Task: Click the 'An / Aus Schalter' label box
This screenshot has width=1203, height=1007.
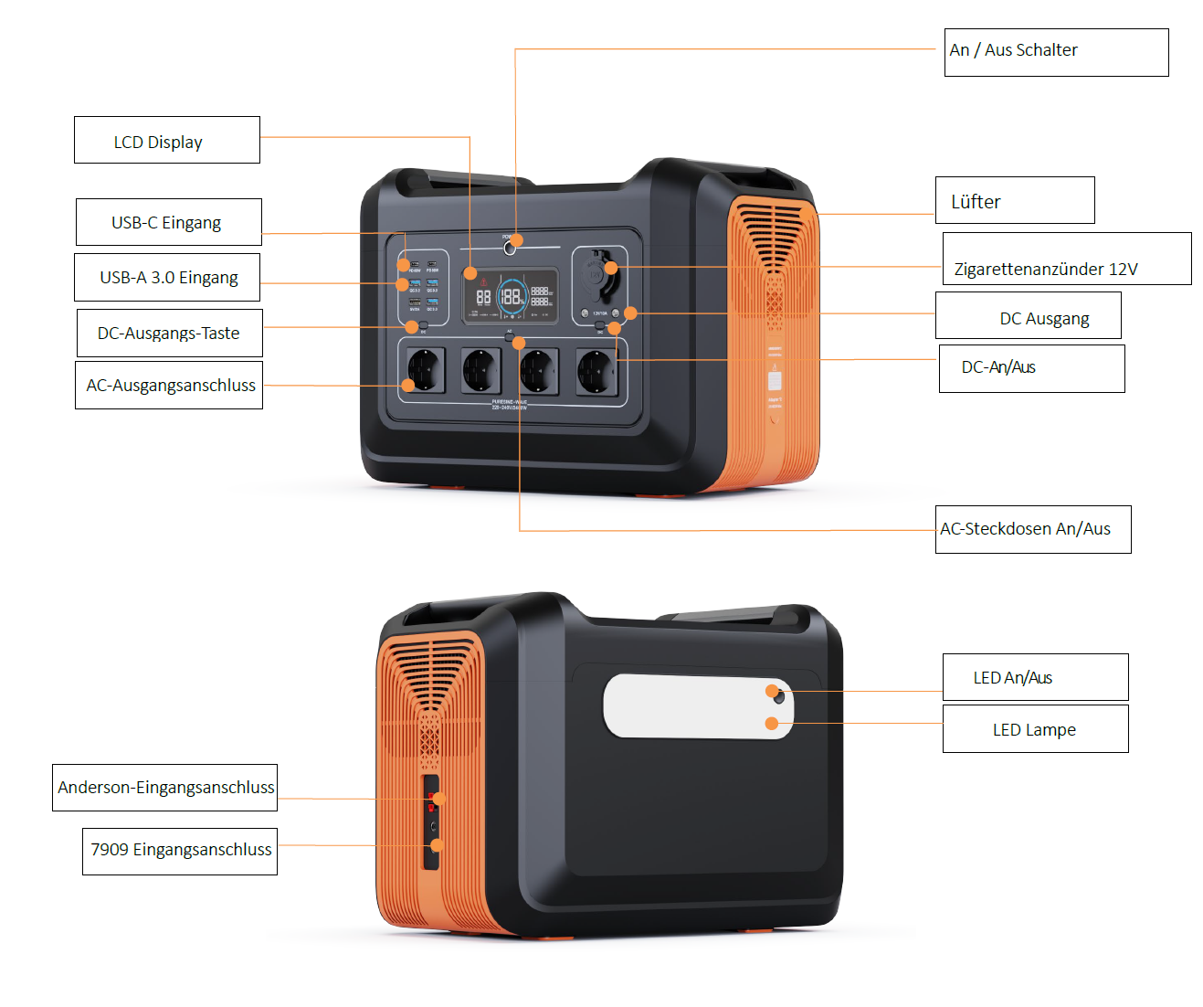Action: (x=1056, y=52)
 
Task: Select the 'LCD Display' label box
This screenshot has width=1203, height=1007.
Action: (x=166, y=140)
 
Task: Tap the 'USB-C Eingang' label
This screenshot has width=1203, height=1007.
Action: (x=168, y=222)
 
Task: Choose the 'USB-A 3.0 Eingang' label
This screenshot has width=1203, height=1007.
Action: (x=167, y=277)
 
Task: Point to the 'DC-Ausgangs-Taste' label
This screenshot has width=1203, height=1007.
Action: (x=168, y=333)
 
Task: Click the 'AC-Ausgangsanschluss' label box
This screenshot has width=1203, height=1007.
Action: (x=169, y=385)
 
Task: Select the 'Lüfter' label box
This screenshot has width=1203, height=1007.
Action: (x=1014, y=200)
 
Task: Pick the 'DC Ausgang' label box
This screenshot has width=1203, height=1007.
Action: (x=1028, y=316)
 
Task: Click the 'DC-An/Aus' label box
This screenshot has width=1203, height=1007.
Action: (x=1031, y=368)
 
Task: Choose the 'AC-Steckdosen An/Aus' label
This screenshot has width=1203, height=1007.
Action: (x=1032, y=529)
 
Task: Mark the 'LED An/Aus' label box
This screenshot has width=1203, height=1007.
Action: (x=1035, y=677)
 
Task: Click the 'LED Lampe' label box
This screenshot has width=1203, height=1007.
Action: (x=1035, y=729)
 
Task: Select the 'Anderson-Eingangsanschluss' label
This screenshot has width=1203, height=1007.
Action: (x=164, y=788)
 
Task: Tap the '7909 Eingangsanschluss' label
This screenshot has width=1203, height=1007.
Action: (x=180, y=851)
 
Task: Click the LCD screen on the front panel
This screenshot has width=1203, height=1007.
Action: (x=511, y=295)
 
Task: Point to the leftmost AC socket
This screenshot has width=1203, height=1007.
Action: (x=424, y=370)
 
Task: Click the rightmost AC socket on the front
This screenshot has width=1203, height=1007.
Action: (x=596, y=371)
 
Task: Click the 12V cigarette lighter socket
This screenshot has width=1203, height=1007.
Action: (x=600, y=274)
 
